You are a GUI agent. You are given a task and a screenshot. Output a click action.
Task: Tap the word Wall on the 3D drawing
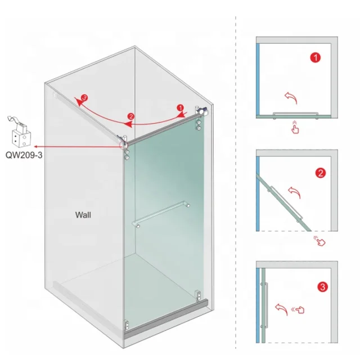[83, 214]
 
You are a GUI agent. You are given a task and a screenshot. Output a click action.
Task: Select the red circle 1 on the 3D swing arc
[180, 107]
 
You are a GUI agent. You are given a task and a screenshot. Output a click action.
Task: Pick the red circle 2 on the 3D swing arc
[131, 116]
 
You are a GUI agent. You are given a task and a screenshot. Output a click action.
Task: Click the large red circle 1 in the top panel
[315, 57]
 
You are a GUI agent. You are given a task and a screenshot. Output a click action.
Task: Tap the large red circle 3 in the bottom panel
[322, 287]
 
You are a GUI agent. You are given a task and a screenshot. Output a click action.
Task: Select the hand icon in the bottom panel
[299, 308]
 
